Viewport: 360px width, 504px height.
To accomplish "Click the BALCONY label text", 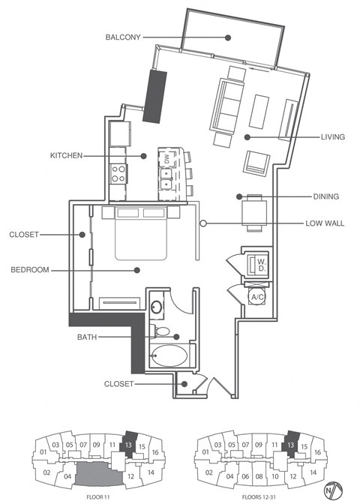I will coord(124,37).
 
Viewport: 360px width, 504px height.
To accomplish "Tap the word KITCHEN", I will coord(66,156).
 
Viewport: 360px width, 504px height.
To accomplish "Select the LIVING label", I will coord(332,137).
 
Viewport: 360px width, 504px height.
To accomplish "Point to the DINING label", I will coord(326,196).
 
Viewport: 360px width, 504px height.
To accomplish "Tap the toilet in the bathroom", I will coord(161,331).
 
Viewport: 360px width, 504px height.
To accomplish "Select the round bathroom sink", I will coord(157,307).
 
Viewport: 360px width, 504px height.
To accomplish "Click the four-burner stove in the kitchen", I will coord(118,174).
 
